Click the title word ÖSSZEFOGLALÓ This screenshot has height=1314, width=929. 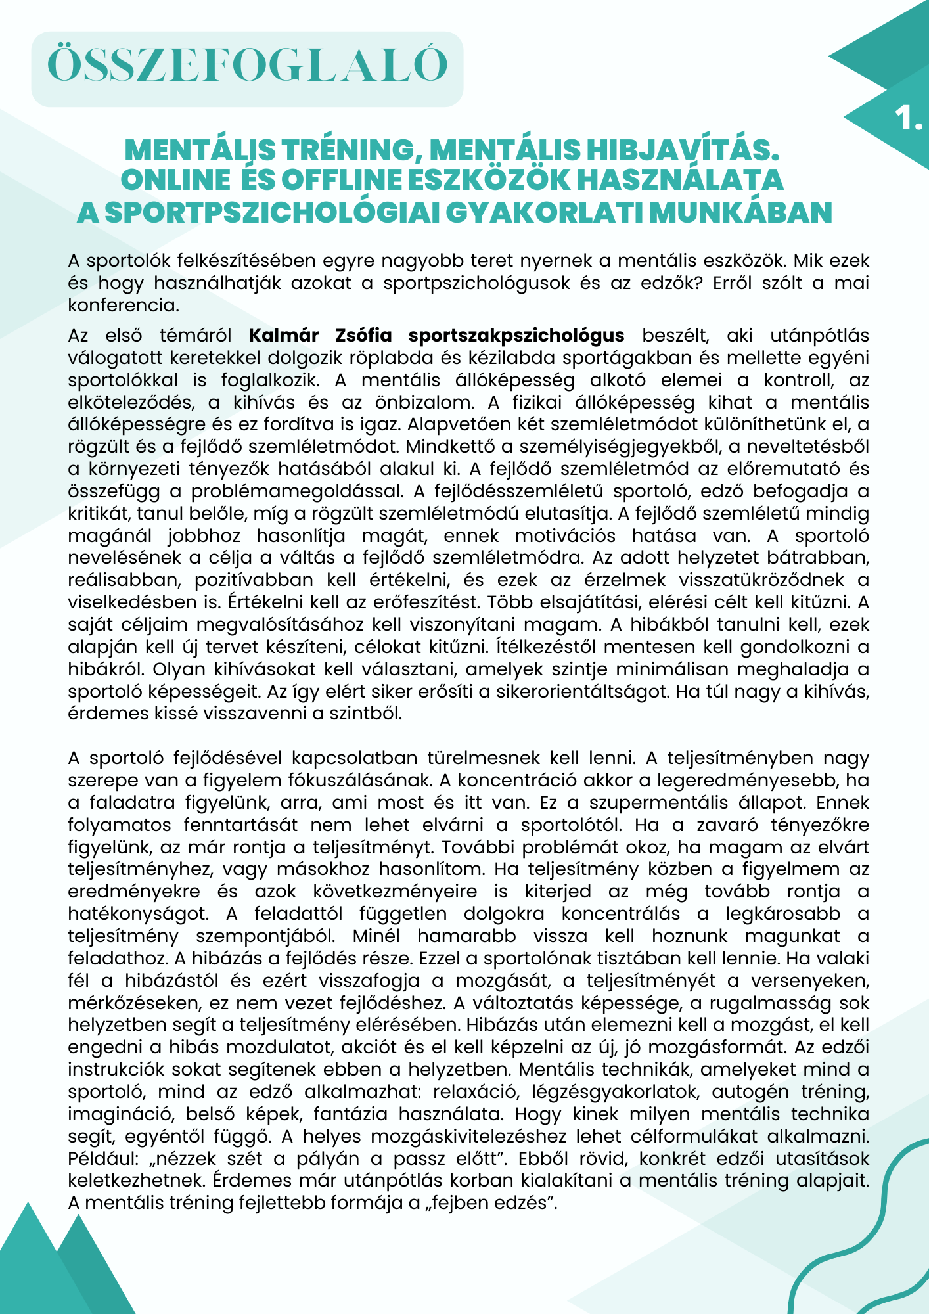248,65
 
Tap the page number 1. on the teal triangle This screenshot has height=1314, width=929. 908,119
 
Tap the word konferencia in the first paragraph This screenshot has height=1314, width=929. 123,306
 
